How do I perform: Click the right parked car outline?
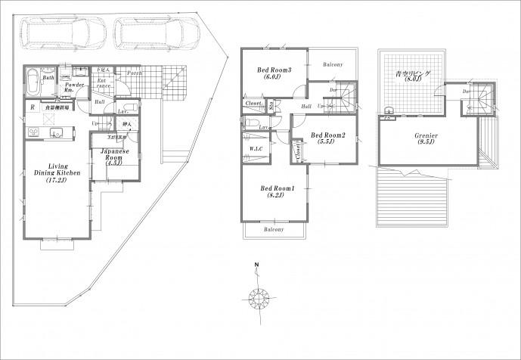click(x=157, y=33)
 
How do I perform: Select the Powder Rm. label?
click(x=73, y=88)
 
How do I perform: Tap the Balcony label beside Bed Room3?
click(x=333, y=64)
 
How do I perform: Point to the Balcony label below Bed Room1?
click(x=274, y=229)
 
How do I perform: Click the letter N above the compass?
click(x=257, y=265)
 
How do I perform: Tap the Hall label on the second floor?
click(x=305, y=107)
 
